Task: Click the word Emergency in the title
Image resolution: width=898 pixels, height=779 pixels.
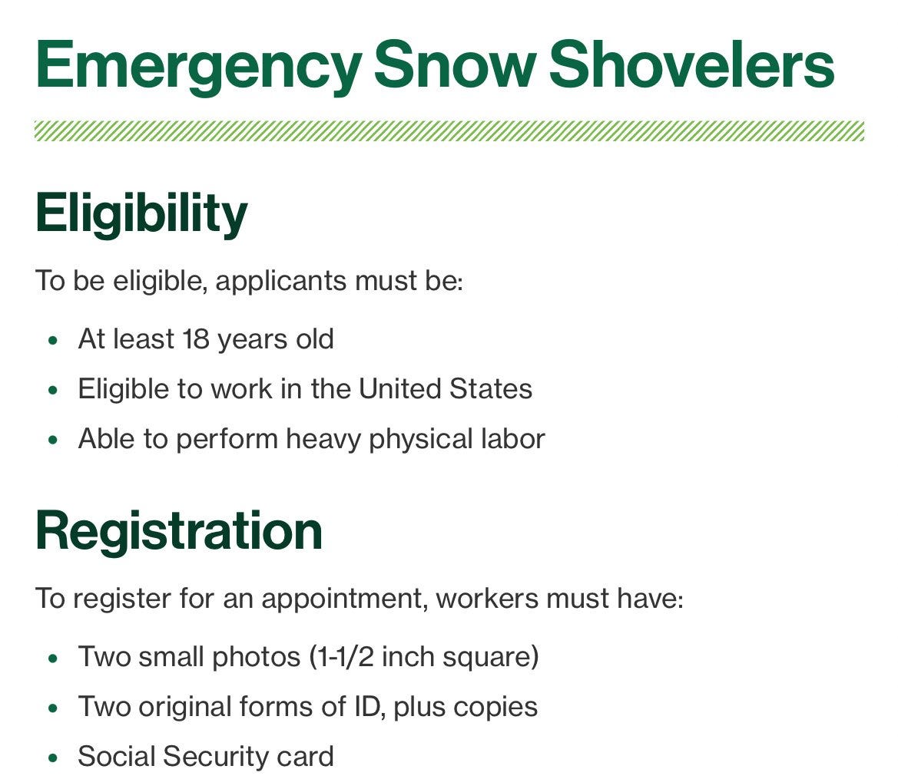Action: [x=197, y=65]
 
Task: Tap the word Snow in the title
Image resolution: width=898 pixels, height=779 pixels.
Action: [x=453, y=65]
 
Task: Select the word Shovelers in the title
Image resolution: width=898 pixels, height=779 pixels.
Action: [x=691, y=65]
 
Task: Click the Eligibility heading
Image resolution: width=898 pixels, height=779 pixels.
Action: [x=141, y=213]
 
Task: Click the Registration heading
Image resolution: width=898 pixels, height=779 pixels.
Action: [x=178, y=530]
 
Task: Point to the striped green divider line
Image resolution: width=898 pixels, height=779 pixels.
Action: [x=449, y=131]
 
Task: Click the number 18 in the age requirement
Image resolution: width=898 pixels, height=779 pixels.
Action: [x=196, y=339]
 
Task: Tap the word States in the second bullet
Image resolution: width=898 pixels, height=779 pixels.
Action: [x=490, y=389]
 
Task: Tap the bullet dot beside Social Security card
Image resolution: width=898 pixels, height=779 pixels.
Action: [x=52, y=758]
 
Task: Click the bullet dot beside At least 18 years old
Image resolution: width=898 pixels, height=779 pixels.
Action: [x=52, y=340]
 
